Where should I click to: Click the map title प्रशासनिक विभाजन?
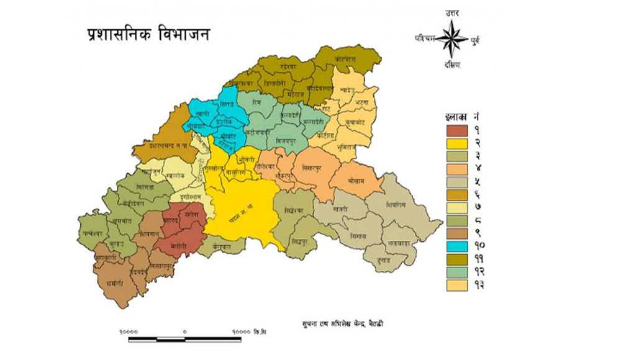click(147, 35)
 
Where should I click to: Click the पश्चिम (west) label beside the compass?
click(426, 38)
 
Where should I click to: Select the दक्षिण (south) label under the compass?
click(451, 66)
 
